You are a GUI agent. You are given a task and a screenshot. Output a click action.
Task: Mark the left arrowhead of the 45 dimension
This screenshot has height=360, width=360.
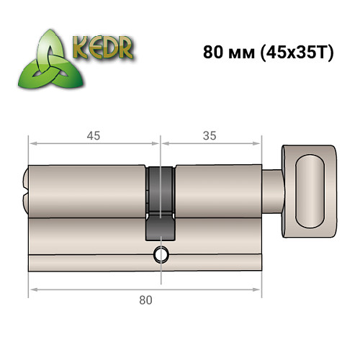(32, 144)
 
